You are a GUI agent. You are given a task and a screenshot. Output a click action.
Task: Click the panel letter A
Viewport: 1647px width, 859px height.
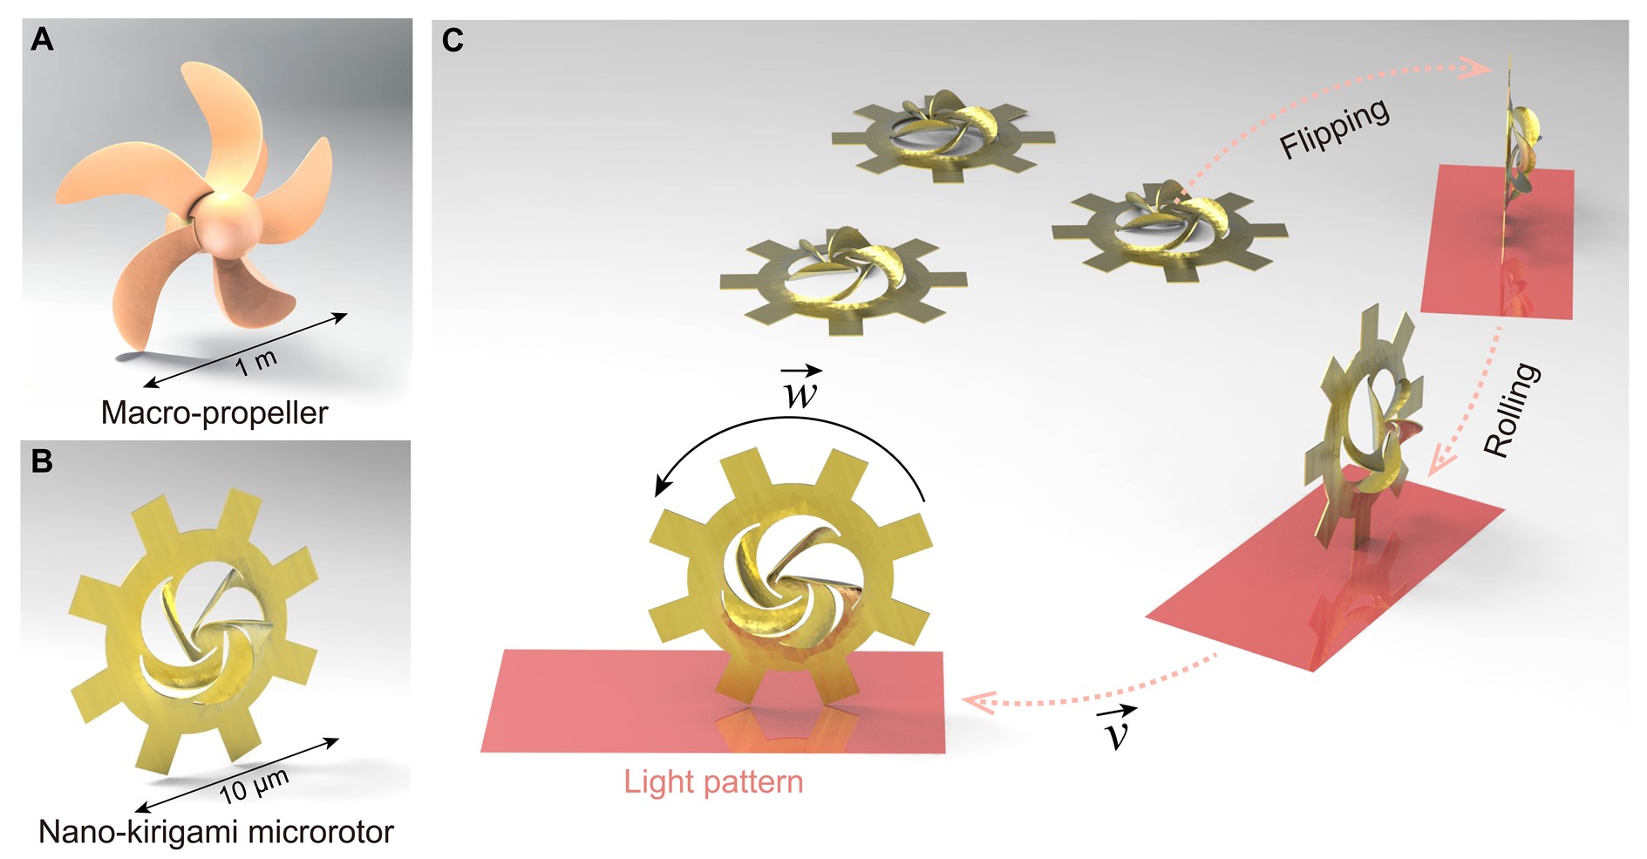42,40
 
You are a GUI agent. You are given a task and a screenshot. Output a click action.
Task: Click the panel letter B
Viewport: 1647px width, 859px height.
42,461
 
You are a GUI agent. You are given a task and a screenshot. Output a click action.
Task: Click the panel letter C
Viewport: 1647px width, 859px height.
453,40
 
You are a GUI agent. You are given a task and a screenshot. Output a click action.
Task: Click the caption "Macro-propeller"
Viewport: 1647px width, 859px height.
214,412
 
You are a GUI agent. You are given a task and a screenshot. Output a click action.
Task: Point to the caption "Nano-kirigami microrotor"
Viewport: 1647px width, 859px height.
216,832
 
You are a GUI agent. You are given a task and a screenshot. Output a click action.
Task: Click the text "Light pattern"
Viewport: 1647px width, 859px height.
713,781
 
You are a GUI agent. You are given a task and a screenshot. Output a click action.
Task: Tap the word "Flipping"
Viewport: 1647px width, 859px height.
1334,129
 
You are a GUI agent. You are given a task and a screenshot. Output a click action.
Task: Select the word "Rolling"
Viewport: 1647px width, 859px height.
1512,410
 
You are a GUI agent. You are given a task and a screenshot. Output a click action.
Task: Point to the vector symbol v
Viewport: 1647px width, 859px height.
1116,731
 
